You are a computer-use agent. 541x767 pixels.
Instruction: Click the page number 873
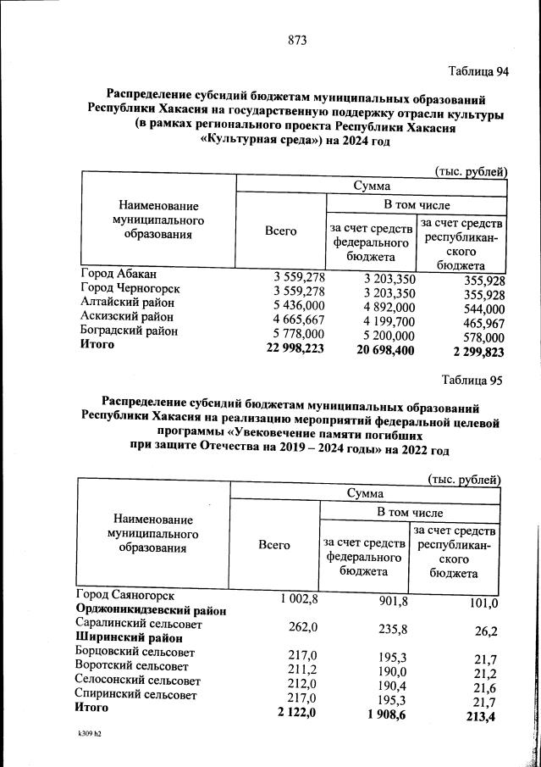pos(296,41)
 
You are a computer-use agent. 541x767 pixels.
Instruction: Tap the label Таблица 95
pos(471,381)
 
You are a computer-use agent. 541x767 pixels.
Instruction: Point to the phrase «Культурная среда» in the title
pos(252,142)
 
